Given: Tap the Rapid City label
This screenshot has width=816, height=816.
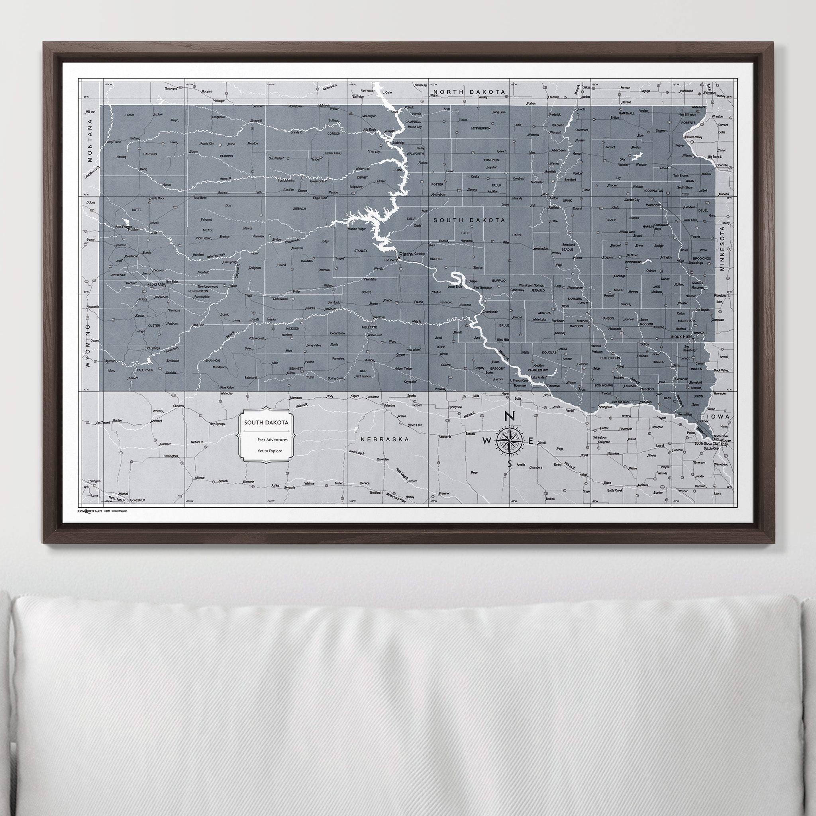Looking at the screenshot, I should (155, 284).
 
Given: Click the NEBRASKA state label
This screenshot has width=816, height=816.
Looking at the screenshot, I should (385, 439).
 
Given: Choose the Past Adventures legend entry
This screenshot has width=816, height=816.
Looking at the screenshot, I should (272, 440).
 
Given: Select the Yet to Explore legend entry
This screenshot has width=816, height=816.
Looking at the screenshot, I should (269, 451).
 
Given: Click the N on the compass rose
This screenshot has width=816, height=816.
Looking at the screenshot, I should (510, 416).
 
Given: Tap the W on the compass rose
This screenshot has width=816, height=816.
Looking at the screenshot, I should (487, 441).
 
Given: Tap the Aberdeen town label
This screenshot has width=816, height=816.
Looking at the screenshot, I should (558, 150).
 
